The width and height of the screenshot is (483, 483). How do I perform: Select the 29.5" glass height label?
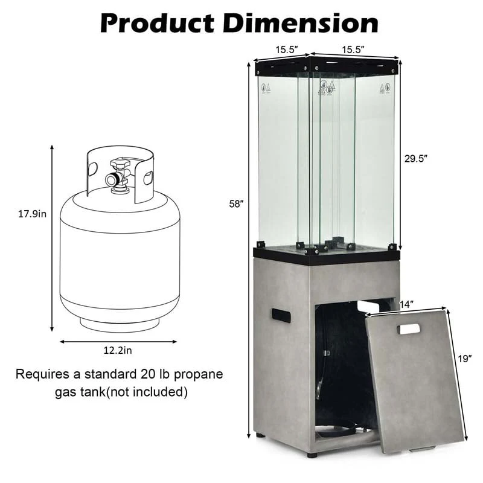click(416, 159)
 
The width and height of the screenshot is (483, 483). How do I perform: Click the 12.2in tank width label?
click(118, 350)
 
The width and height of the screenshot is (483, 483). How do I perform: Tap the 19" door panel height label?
click(464, 358)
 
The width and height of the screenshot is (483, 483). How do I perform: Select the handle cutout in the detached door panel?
click(409, 329)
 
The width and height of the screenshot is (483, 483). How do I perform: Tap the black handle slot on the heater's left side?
click(281, 315)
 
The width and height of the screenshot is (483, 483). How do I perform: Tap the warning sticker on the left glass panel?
click(265, 88)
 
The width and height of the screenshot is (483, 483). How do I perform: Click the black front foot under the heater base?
click(312, 455)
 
